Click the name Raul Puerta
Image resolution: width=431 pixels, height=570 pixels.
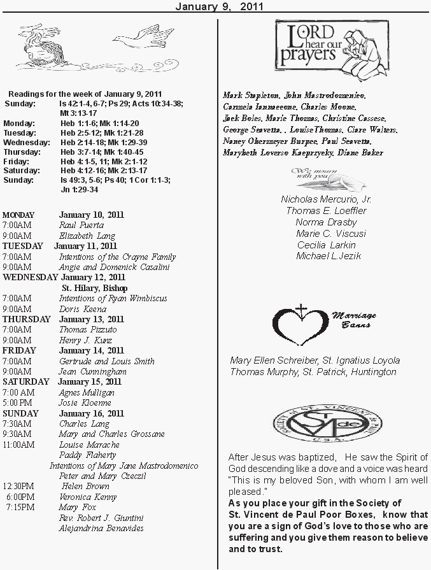(81, 225)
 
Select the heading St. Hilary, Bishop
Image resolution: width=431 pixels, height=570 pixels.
(94, 288)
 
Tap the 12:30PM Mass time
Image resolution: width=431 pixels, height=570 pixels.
(18, 487)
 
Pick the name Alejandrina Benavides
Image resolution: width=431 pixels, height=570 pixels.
(101, 528)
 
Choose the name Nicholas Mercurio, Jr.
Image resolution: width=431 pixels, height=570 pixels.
(327, 199)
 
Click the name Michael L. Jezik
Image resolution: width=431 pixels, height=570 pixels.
(329, 256)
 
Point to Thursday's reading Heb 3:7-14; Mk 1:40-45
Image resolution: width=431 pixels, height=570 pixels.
(102, 152)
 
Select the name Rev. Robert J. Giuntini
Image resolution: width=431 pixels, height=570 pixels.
(101, 518)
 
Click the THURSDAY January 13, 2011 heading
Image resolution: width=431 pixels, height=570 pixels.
(63, 319)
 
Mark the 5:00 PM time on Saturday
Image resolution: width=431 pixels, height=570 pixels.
(17, 403)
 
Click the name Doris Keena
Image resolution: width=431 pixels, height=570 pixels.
(83, 309)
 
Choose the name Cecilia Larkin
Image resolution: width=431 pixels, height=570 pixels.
(326, 245)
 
